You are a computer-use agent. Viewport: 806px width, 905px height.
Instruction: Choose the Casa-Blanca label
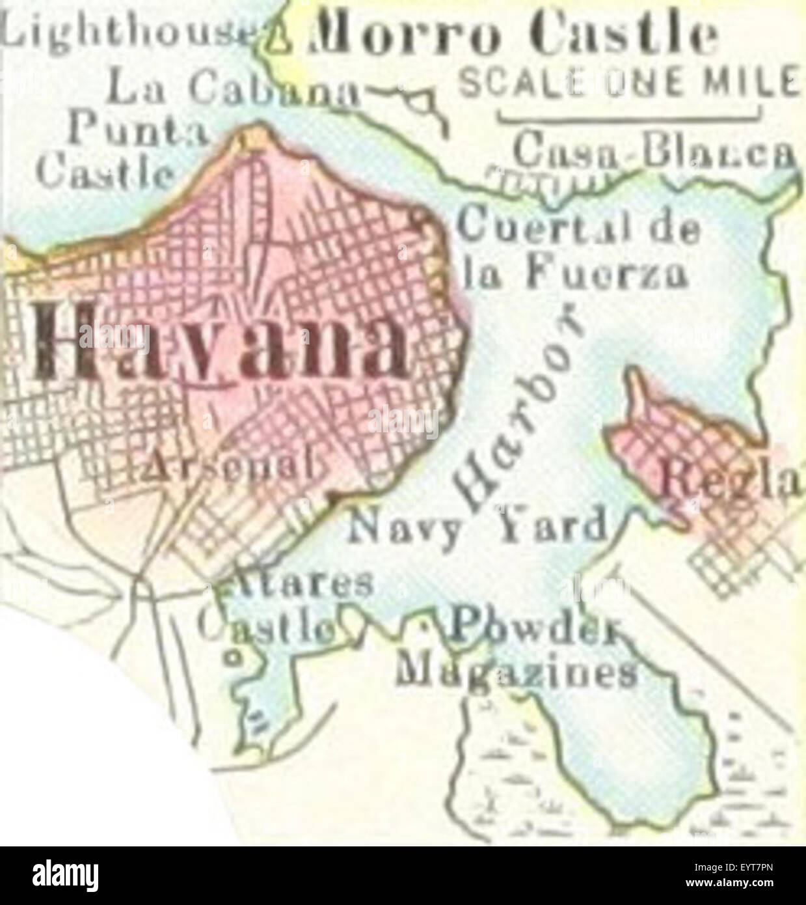(x=654, y=151)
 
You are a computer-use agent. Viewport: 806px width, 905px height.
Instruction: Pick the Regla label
(x=732, y=482)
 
